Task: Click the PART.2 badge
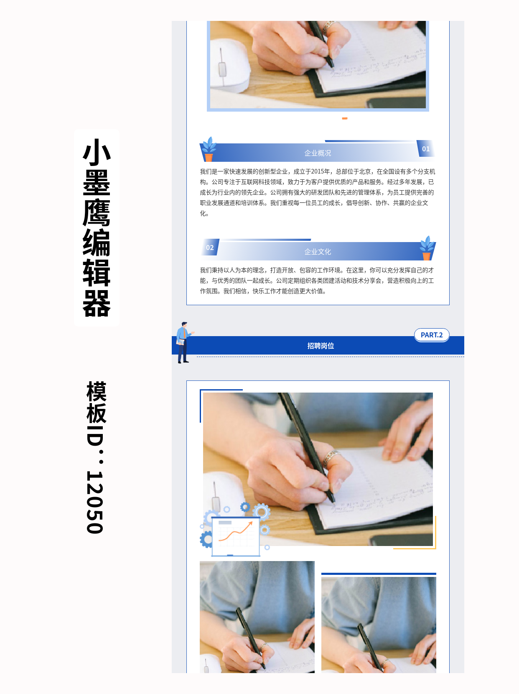click(432, 335)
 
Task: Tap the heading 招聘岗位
click(321, 346)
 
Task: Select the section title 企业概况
click(318, 153)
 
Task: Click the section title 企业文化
click(318, 252)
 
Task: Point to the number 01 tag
click(426, 149)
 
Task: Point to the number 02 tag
click(210, 247)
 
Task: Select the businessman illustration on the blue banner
click(183, 342)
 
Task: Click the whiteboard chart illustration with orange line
click(235, 537)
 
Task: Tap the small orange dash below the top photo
click(345, 118)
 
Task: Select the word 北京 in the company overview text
click(365, 171)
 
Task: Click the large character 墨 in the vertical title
click(97, 183)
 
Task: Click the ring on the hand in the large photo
click(333, 455)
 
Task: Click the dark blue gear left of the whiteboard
click(206, 539)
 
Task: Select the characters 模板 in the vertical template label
click(96, 402)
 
